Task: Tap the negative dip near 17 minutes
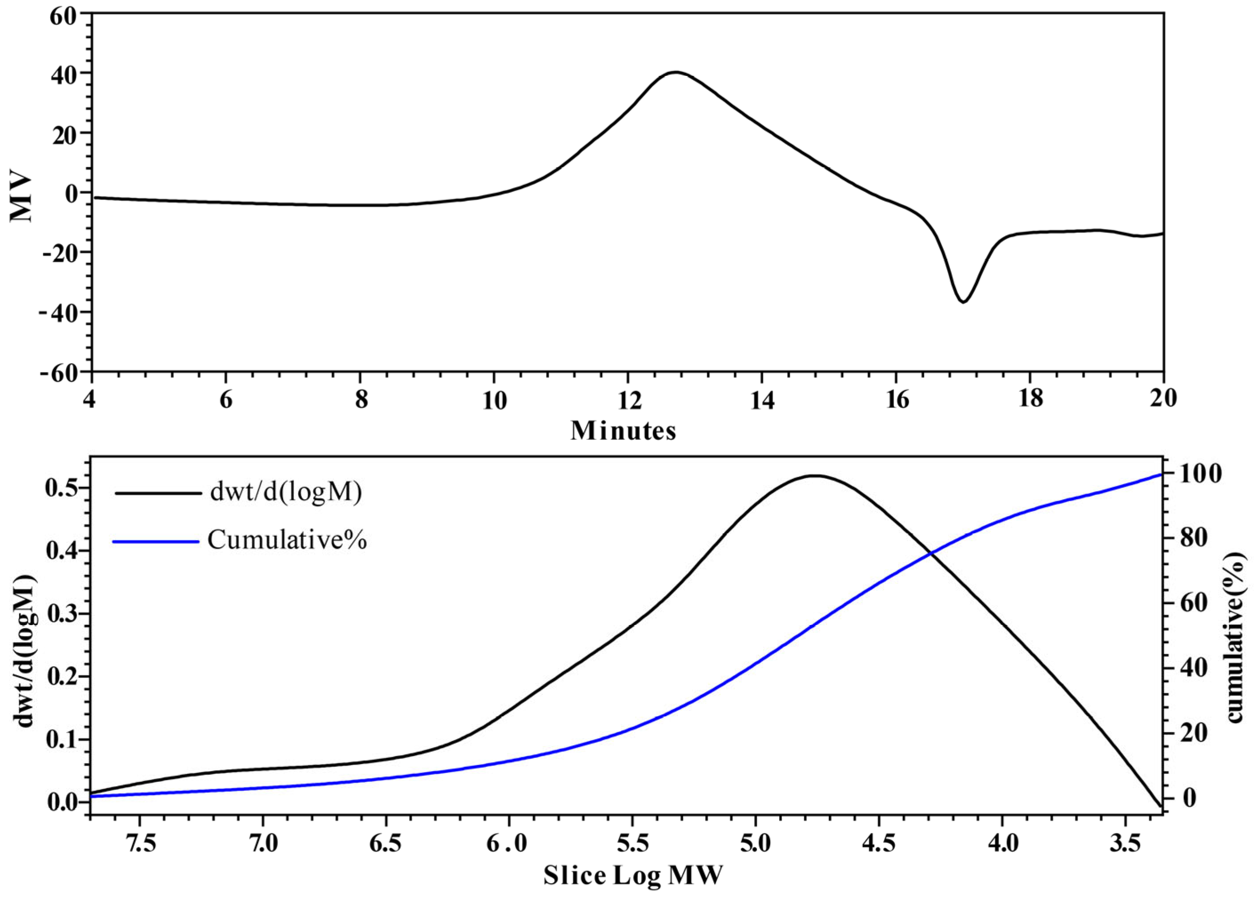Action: tap(962, 302)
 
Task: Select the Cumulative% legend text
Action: tap(287, 541)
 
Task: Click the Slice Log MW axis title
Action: tap(632, 876)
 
